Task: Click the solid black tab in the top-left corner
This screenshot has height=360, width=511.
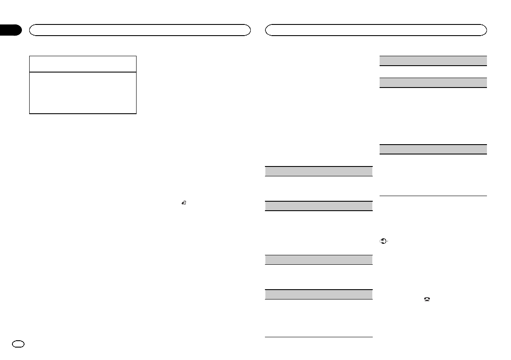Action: [10, 30]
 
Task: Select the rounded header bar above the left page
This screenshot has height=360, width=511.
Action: [140, 30]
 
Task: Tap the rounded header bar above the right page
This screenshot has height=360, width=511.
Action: [376, 30]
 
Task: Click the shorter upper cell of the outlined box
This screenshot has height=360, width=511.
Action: [82, 64]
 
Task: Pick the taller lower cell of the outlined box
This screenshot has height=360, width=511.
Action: [82, 92]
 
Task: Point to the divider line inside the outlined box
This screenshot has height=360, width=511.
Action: [82, 72]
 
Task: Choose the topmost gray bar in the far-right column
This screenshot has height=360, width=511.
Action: [433, 61]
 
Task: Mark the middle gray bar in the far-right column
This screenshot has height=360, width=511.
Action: [433, 82]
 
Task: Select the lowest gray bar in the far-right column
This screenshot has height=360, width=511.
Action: [433, 149]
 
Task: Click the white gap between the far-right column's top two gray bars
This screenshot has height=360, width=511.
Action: [433, 72]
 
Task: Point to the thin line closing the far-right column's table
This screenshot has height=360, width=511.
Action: [433, 196]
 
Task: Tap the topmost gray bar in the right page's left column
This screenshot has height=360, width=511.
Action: [318, 171]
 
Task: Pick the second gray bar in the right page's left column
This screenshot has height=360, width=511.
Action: [318, 206]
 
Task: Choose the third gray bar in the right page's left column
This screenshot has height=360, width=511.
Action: [318, 260]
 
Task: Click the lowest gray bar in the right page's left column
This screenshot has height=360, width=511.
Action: [318, 294]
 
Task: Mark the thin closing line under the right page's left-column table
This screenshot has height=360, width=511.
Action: [318, 337]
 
